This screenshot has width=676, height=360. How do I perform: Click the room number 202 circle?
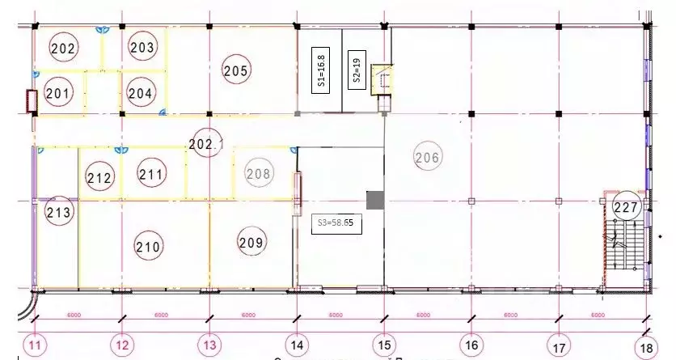[x=63, y=49]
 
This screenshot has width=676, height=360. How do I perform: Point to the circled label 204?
[x=140, y=93]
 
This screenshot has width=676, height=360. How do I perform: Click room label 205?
[x=235, y=71]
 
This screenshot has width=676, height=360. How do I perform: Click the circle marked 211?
[x=151, y=173]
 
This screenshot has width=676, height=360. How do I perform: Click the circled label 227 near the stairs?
[x=626, y=208]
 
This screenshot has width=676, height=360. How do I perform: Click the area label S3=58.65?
[x=336, y=221]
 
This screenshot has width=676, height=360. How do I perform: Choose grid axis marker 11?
[x=35, y=346]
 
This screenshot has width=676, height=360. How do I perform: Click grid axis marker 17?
[x=557, y=346]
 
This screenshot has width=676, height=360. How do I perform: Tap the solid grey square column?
[x=375, y=200]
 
